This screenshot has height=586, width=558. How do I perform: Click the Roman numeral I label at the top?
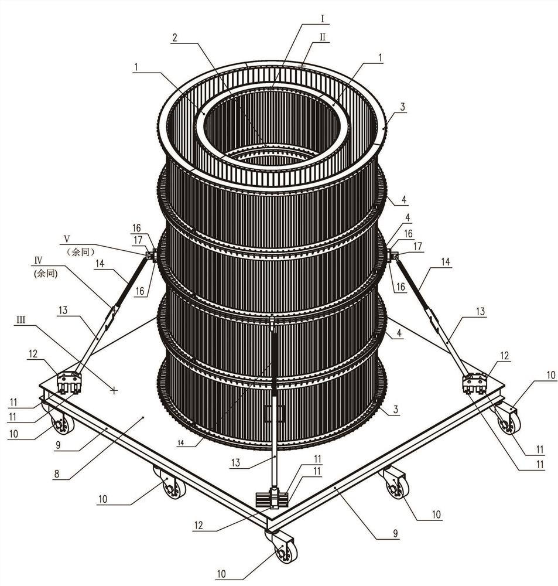[321, 18]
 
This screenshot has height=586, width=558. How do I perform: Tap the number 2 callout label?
[174, 36]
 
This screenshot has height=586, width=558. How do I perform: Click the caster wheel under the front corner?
[284, 549]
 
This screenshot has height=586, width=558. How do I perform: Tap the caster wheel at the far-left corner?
[61, 423]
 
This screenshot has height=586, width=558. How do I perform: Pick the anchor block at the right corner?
[475, 383]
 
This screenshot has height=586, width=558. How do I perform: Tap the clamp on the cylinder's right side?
[392, 255]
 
